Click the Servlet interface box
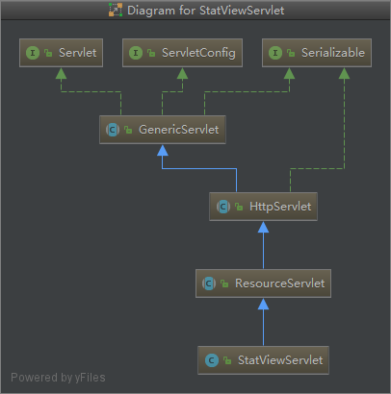(61, 53)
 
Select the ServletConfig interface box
(182, 53)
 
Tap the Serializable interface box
(317, 53)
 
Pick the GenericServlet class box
(163, 130)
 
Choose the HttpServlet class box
(263, 207)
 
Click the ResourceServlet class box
(263, 283)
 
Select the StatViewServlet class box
(263, 360)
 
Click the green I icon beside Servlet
(33, 53)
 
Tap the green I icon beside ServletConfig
(136, 53)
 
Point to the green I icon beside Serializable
(275, 53)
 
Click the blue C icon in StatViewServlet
(212, 360)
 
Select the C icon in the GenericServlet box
(113, 130)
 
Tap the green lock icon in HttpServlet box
(239, 207)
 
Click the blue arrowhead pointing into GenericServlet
(163, 150)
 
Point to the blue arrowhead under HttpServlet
(263, 227)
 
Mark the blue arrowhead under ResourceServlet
(263, 304)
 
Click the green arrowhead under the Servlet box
(61, 73)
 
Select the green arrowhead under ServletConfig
(182, 73)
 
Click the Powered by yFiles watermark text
(58, 378)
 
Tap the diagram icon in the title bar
(116, 10)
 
